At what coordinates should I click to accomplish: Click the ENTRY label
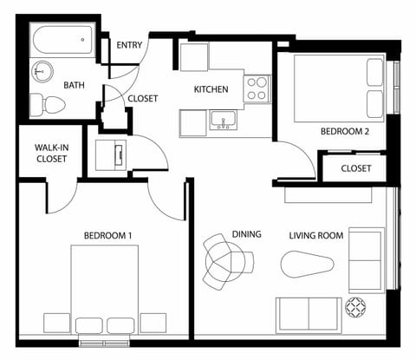click(129, 45)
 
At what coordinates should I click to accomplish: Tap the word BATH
click(74, 85)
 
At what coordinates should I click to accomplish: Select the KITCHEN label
click(211, 89)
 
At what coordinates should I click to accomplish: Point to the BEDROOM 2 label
click(345, 132)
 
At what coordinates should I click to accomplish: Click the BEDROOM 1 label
click(107, 235)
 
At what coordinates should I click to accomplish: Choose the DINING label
click(246, 234)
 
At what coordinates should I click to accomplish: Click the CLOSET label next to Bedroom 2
click(355, 168)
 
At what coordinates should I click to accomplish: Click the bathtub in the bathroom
click(62, 39)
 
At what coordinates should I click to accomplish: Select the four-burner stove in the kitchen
click(257, 88)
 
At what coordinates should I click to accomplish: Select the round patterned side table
click(355, 306)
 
